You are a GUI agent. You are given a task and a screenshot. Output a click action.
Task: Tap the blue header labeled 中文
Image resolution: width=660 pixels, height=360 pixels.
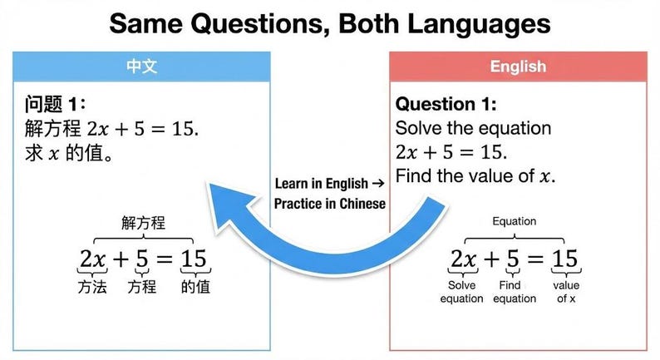coord(142,66)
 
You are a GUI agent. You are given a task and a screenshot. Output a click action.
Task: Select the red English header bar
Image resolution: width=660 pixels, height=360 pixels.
coord(518,67)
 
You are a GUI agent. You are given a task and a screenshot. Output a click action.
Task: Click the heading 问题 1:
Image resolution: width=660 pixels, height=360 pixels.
coord(54,106)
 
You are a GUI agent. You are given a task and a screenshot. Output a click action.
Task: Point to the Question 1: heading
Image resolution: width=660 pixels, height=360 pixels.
coord(446,105)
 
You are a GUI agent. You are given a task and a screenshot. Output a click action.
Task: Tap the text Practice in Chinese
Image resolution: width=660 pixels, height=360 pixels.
coord(330,204)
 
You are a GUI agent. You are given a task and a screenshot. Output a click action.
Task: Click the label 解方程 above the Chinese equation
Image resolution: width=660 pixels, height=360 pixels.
coord(143,223)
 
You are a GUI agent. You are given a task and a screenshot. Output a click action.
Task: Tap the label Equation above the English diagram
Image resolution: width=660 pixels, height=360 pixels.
coord(514,222)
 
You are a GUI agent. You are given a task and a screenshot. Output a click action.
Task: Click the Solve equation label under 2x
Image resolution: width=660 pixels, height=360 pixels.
coord(461,292)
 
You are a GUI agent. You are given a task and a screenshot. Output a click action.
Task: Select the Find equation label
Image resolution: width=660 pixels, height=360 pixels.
coord(514,292)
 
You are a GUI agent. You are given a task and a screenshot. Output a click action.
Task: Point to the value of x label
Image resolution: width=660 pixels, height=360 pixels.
coord(566,292)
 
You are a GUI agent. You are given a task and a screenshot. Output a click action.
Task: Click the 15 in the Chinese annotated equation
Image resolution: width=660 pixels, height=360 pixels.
coord(194,259)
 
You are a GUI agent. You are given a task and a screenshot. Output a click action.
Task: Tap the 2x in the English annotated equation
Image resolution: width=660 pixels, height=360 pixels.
coord(463,259)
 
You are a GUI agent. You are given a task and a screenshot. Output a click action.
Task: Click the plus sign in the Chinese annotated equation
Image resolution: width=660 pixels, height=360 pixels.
coord(121,259)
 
